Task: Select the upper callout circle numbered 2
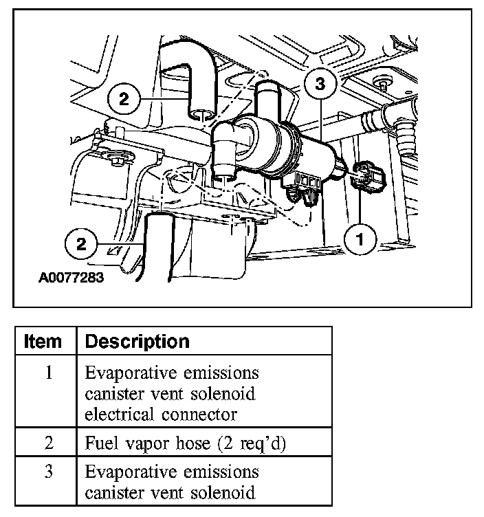123,99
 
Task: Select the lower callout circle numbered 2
82,243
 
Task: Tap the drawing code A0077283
71,279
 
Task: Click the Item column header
43,341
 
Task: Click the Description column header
137,341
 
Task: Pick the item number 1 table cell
48,373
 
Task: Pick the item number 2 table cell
48,443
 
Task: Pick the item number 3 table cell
48,472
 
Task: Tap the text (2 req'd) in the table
250,443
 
